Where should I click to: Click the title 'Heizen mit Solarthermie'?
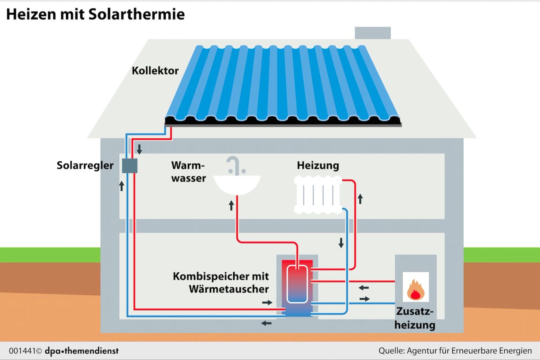[95, 14]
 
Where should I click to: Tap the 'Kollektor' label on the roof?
[155, 71]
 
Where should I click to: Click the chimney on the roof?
[372, 33]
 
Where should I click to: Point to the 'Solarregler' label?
[85, 165]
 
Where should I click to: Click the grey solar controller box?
[129, 165]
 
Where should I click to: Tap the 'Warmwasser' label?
[189, 172]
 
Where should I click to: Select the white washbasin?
[237, 185]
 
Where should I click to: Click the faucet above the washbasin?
[233, 165]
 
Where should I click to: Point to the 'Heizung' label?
[318, 165]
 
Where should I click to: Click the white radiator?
[318, 195]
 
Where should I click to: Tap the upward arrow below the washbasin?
[231, 205]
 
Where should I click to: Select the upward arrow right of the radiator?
[360, 198]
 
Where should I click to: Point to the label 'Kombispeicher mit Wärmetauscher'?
[221, 283]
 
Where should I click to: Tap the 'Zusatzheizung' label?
[415, 318]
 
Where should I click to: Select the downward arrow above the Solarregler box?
[139, 149]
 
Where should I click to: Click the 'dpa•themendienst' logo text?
[81, 351]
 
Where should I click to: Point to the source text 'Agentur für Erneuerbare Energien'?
[469, 351]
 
